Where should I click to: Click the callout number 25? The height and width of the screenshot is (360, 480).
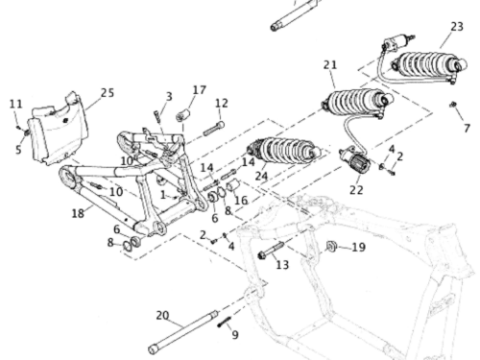tap(108, 93)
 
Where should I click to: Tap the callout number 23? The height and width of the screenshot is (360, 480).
tap(457, 27)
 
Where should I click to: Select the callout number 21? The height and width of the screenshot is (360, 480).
tap(330, 65)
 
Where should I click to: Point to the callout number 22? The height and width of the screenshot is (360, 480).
tap(356, 190)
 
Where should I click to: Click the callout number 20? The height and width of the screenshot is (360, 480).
tap(162, 316)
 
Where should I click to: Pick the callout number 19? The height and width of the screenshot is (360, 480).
tap(358, 247)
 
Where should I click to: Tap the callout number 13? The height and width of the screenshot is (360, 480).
tap(282, 265)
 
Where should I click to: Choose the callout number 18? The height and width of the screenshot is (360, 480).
tap(78, 213)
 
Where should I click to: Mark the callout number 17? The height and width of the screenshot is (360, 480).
tap(200, 90)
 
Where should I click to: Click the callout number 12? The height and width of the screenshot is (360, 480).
tap(222, 103)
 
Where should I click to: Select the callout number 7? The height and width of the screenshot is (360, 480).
tap(467, 129)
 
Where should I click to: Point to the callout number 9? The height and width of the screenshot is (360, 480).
tap(235, 335)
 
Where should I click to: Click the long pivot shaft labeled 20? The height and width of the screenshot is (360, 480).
tap(183, 332)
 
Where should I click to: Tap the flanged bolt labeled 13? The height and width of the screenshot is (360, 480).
tap(271, 251)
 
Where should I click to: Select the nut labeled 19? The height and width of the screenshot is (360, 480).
tap(331, 246)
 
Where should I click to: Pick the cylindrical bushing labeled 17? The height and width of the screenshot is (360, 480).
tap(182, 115)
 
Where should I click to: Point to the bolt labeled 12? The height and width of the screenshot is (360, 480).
tap(213, 129)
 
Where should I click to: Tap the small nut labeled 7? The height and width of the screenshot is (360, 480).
tap(452, 105)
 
